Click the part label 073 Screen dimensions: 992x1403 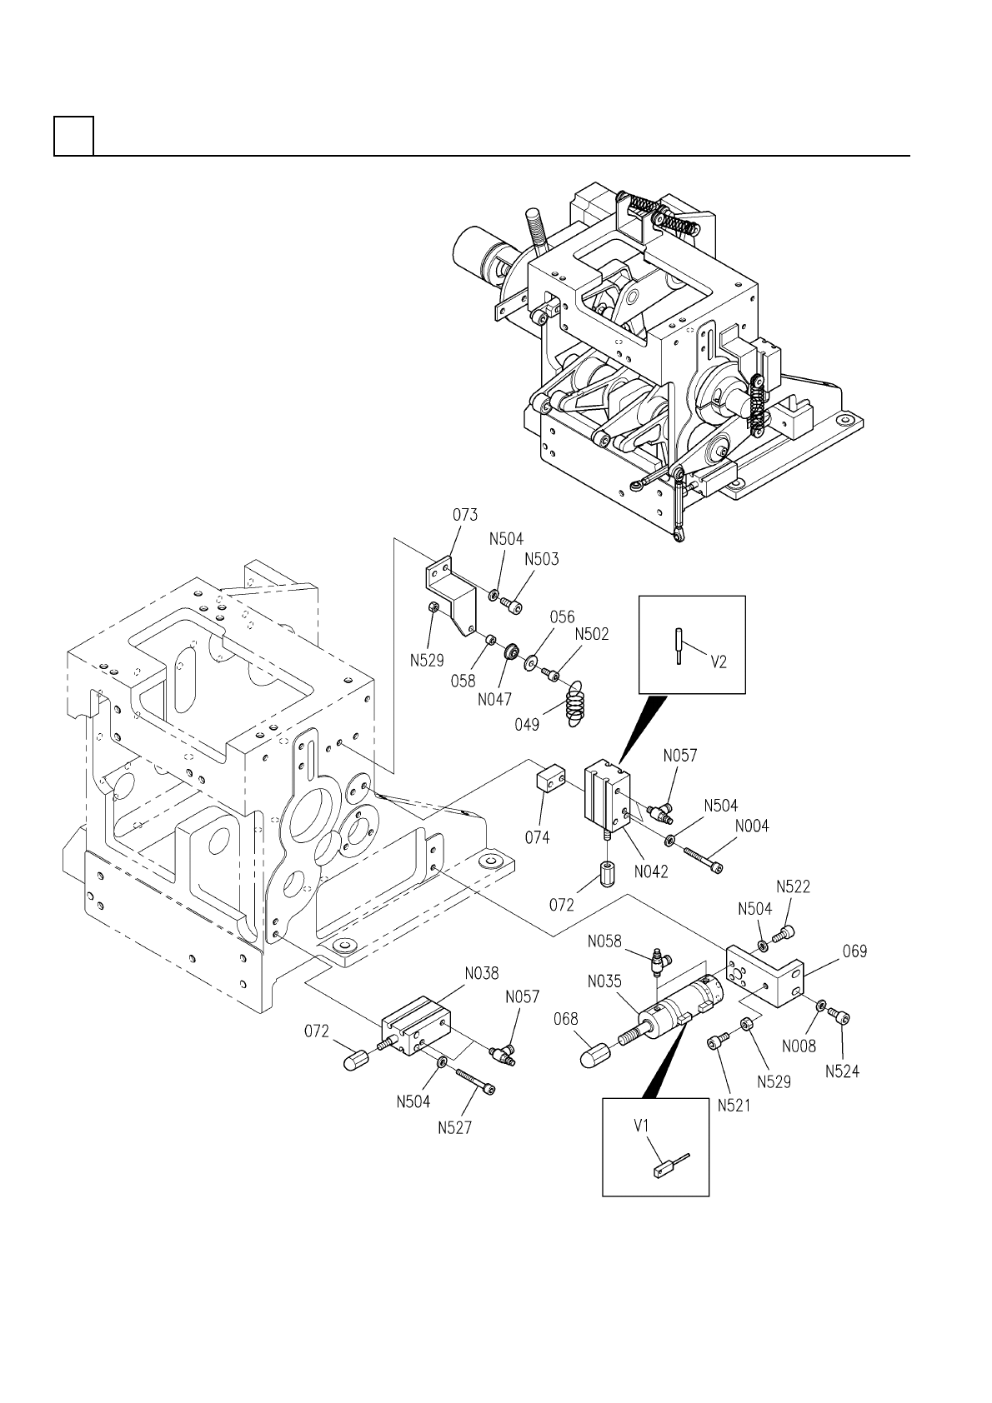465,515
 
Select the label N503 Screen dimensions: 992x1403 542,559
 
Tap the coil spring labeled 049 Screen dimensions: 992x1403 575,704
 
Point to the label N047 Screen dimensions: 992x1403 494,700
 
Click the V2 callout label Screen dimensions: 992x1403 719,662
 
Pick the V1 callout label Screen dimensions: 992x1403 641,1126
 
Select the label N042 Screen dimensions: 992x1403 650,871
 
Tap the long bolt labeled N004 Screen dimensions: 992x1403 702,859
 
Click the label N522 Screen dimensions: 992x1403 793,886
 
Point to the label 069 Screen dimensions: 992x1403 854,951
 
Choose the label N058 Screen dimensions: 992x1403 604,941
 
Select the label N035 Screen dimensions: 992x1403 604,981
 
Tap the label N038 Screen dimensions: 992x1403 481,973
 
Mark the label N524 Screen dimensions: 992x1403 842,1071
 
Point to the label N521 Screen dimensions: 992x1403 734,1106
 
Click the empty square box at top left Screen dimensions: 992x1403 74,135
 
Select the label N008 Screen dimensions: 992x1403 799,1046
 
